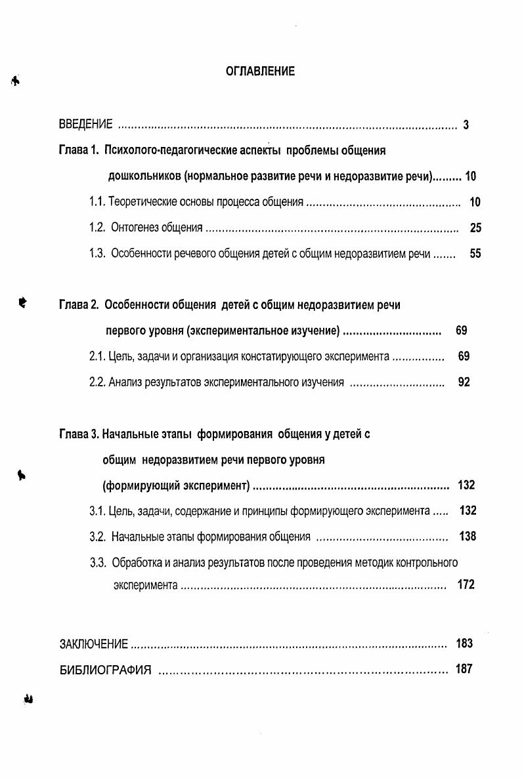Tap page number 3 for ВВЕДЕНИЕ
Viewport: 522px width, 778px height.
click(466, 125)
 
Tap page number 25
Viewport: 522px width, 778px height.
click(476, 228)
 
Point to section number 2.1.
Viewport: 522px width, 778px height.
click(97, 357)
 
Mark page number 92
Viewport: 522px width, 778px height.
click(464, 382)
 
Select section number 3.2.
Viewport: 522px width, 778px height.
click(97, 537)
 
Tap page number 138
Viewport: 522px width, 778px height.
click(468, 537)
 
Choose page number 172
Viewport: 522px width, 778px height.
click(466, 584)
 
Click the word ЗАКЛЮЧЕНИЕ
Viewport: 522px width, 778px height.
click(94, 644)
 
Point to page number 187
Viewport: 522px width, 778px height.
click(464, 670)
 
